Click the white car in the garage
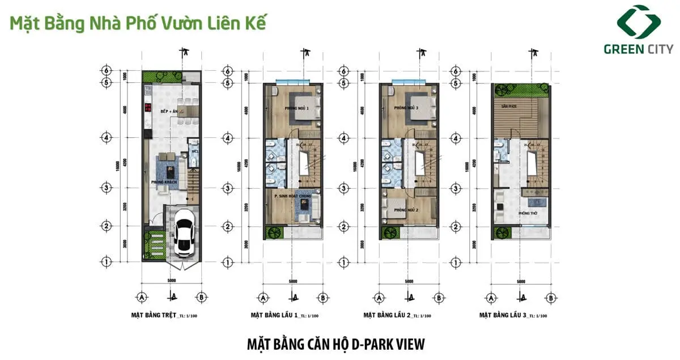pos(184,231)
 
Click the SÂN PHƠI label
pos(506,106)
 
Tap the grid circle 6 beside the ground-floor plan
pos(105,71)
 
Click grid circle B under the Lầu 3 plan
pos(549,297)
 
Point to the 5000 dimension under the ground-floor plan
pos(172,281)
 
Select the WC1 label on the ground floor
pos(193,151)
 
